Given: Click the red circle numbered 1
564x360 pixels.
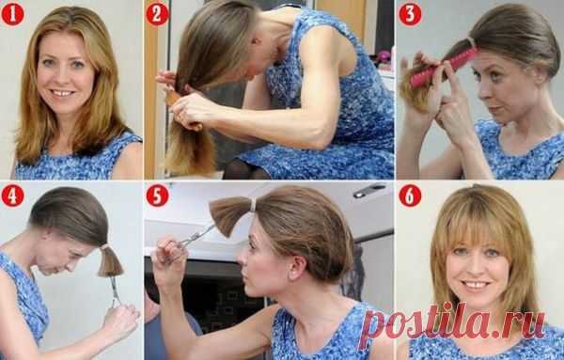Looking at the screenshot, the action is point(12,14).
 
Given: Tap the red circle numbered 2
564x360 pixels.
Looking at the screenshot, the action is point(157,14).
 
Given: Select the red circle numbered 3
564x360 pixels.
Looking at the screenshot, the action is point(410,14).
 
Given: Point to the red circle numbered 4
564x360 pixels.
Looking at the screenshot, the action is point(12,196).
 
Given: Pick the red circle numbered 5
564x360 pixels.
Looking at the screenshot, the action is point(157,196).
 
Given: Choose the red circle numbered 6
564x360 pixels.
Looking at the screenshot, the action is point(410,196).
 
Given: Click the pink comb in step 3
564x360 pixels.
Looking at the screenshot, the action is point(444,68).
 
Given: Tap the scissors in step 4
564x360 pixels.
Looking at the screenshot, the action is point(116,291).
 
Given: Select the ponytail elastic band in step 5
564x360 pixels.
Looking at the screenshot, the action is point(253,205).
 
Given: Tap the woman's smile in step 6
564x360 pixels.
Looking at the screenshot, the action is point(476,285).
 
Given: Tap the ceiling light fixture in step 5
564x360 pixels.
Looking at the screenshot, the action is point(369,190).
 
